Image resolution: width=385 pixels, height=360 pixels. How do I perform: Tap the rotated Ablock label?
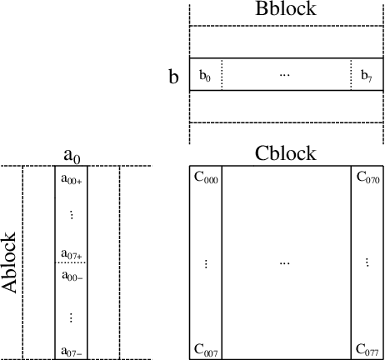[11, 261]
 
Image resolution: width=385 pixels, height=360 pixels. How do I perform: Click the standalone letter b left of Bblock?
[173, 77]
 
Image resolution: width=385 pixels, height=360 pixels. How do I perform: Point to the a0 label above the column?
[72, 154]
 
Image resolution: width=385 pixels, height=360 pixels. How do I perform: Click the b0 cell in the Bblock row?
[205, 76]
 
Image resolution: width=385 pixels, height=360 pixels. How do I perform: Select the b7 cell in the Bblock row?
[367, 76]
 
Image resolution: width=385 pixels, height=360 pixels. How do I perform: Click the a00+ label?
[72, 178]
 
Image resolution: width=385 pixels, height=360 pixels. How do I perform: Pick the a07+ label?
[72, 253]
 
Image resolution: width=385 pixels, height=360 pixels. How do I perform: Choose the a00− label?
[72, 277]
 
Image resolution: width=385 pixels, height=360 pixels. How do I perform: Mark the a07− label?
[72, 351]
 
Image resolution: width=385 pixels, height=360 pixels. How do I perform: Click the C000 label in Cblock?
[206, 178]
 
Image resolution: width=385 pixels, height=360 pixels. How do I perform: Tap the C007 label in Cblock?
[206, 351]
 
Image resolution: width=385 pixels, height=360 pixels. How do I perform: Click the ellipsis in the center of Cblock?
[285, 263]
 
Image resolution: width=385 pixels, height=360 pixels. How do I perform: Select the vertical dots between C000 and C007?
[206, 263]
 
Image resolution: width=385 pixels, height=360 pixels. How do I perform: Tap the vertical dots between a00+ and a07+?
[72, 215]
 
